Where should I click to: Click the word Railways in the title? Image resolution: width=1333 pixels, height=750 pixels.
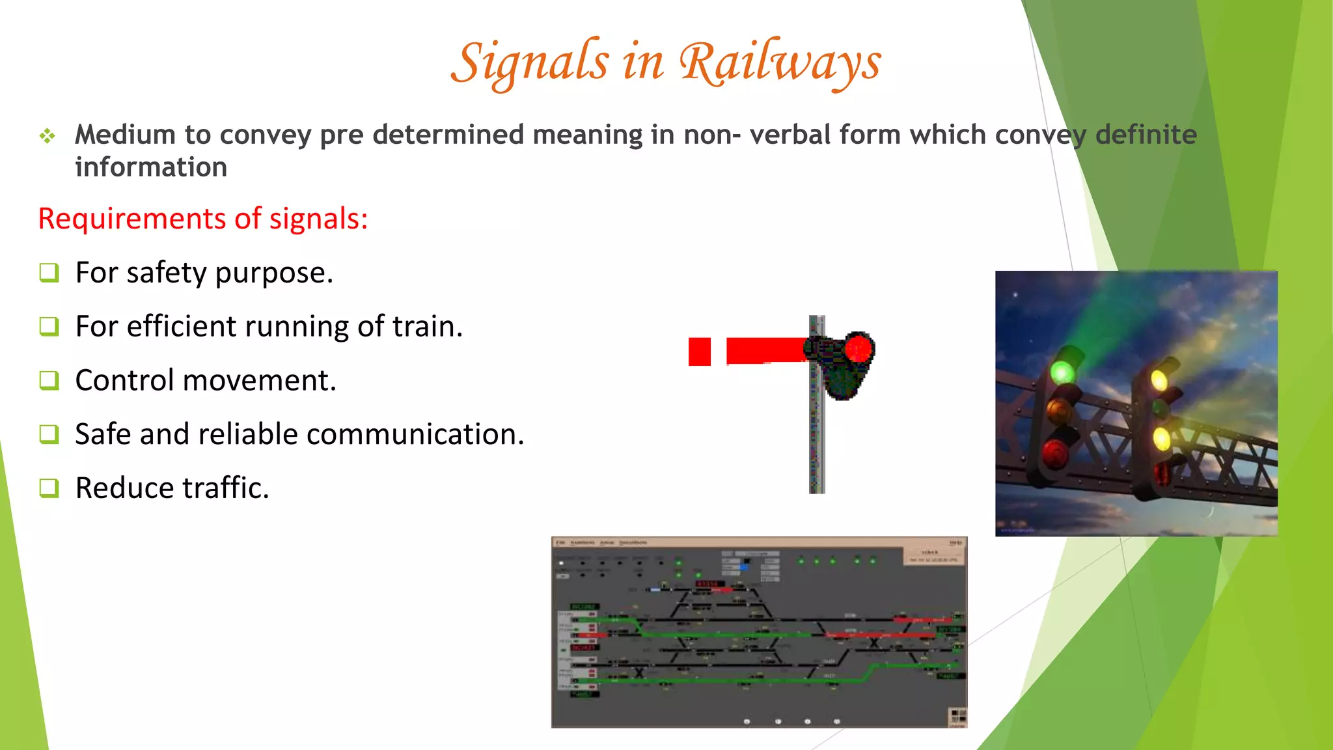(779, 62)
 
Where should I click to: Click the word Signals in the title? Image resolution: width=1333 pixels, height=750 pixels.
(530, 62)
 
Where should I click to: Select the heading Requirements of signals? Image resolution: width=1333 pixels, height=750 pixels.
(203, 219)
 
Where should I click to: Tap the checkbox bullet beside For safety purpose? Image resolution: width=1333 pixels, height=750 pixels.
(49, 272)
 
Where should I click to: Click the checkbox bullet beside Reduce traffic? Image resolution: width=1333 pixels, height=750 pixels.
(49, 488)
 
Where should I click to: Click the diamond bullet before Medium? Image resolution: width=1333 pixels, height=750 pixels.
(47, 136)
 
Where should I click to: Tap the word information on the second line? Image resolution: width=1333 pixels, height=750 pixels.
(151, 167)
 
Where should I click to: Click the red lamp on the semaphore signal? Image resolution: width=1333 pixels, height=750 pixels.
(859, 349)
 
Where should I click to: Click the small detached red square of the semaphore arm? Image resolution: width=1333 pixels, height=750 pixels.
(700, 352)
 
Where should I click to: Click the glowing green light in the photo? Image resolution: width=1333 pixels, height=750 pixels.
(1062, 372)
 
